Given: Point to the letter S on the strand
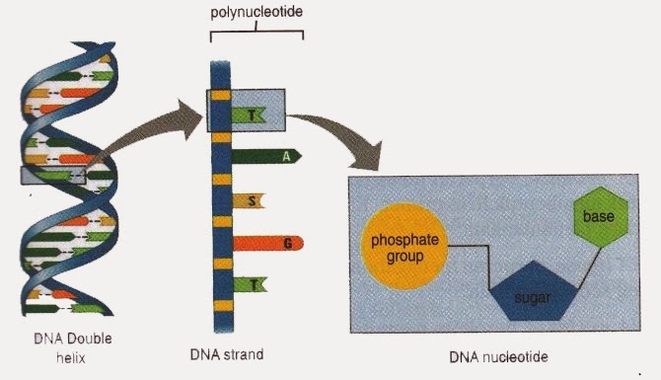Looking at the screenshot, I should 253,200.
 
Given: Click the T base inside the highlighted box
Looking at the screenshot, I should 254,114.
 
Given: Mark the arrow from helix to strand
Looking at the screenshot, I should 148,128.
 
